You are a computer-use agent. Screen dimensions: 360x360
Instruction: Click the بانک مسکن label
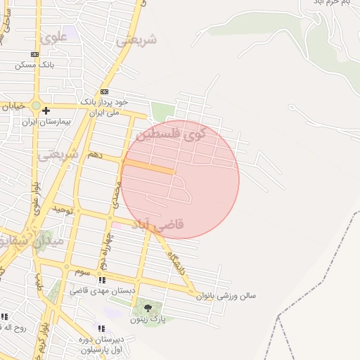coord(35,65)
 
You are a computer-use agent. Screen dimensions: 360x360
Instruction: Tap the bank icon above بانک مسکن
coord(34,55)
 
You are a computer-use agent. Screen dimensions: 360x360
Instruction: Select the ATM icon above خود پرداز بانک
coord(105,92)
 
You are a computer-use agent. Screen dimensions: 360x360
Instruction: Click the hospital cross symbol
coord(46,110)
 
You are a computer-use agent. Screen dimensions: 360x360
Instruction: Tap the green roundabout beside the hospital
coord(36,105)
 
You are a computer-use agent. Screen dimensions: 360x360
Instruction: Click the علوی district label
coord(53,37)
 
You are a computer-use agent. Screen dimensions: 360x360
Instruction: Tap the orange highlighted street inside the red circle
coord(148,166)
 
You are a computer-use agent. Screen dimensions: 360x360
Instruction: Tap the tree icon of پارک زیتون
coord(147,308)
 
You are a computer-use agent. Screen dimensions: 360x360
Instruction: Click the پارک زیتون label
coord(147,319)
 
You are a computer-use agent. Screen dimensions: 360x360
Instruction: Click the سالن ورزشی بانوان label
coord(226,296)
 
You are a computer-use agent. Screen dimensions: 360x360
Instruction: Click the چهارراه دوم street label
coord(105,250)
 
